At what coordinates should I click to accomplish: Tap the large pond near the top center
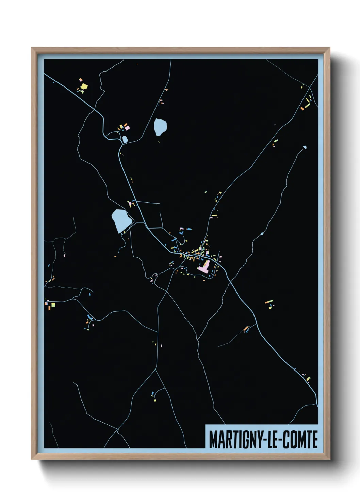(160, 127)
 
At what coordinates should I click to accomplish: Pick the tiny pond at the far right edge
(304, 148)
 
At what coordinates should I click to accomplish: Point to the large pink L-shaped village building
(204, 266)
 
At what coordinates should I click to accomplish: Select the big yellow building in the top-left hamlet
(84, 86)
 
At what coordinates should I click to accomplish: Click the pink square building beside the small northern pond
(127, 128)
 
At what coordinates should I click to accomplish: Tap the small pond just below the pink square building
(125, 139)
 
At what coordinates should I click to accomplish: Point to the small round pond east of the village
(262, 234)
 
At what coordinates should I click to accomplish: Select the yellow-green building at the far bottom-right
(308, 378)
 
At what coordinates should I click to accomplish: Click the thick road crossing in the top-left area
(95, 110)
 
